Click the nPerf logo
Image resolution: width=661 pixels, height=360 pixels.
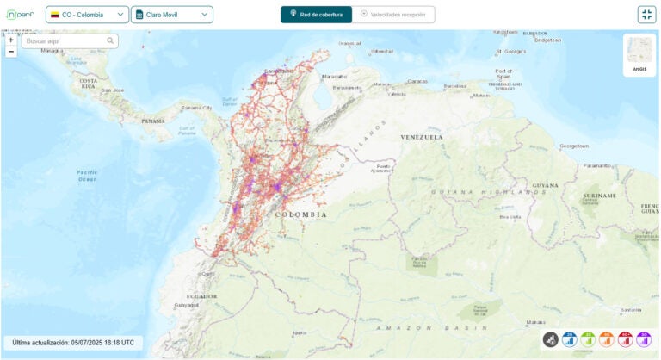21,15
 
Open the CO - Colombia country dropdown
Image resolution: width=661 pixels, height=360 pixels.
87,15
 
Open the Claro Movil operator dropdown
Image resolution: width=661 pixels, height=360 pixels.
172,15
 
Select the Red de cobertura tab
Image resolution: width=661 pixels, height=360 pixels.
316,15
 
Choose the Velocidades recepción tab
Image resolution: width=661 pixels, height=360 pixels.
392,15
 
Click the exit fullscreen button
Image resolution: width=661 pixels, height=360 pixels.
646,15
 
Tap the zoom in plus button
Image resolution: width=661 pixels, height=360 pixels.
11,40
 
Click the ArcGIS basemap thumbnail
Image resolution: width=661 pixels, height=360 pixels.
639,53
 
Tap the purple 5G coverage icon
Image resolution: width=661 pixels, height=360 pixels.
645,340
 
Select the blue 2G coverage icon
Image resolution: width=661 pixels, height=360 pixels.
570,340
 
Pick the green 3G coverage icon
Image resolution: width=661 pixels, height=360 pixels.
589,340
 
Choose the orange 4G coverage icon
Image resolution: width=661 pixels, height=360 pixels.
607,340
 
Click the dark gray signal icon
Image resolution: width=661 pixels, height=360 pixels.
551,340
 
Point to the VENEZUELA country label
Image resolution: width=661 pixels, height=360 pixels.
422,137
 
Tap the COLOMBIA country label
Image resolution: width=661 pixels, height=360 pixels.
300,214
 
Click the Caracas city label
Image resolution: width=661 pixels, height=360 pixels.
417,82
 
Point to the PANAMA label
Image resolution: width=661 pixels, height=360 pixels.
152,121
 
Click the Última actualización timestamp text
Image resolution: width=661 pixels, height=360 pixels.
73,343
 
